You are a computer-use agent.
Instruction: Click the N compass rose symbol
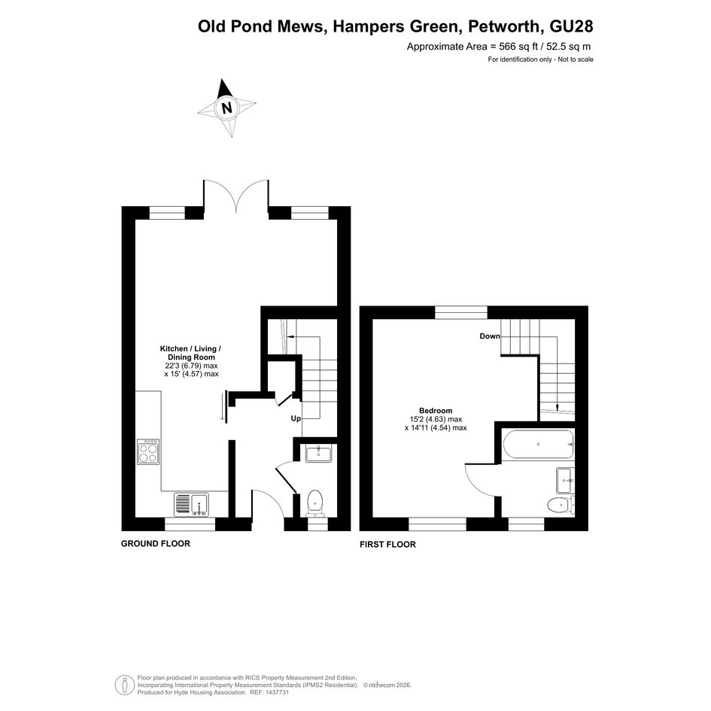tap(226, 108)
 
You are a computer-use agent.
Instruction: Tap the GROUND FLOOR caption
tap(156, 544)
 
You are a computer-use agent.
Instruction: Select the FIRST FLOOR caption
tap(387, 544)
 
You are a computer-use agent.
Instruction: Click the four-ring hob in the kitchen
tap(148, 451)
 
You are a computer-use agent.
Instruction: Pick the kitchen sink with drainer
tap(191, 504)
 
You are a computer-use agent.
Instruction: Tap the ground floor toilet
tap(314, 503)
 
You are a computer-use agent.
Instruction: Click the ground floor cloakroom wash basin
tap(318, 454)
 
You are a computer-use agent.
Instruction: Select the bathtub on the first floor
tap(538, 445)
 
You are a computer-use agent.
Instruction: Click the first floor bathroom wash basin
tap(565, 480)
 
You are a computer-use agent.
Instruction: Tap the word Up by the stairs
tap(296, 418)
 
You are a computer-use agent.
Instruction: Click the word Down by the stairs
tap(490, 336)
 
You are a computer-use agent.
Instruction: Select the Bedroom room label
tap(436, 411)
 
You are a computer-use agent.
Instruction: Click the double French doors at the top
tap(236, 196)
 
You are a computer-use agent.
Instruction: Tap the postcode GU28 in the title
tap(571, 26)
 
